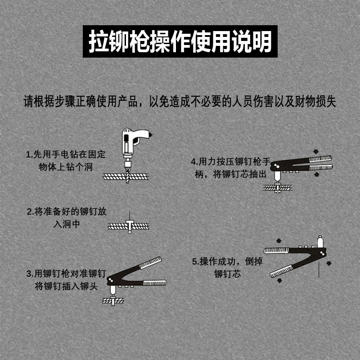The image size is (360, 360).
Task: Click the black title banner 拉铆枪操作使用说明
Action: point(180,41)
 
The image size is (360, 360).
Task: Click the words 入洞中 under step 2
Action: point(67,224)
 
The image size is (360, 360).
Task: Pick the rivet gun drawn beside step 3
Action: point(135,277)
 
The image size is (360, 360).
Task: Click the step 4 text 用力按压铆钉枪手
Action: point(231,161)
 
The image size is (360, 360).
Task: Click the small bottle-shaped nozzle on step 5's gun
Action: point(320,242)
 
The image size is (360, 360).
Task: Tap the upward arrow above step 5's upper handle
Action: point(279,240)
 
